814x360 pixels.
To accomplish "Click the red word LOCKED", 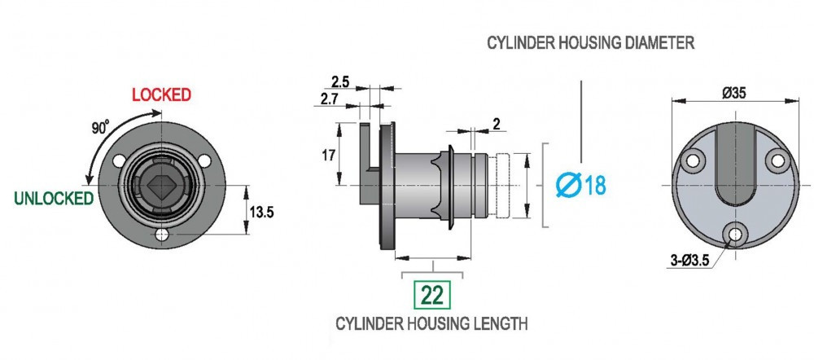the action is pos(161,94).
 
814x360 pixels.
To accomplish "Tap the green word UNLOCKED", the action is pos(54,198).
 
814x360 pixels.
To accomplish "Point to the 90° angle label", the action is pos(100,127).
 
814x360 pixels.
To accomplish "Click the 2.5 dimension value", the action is pos(340,81).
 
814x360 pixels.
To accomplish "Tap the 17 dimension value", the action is pos(328,155).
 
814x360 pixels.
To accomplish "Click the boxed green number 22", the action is pos(432,295).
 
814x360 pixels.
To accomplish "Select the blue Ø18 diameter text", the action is pos(580,186).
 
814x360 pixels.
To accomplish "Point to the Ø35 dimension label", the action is pos(734,93).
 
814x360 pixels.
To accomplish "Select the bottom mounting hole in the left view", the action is pos(162,235).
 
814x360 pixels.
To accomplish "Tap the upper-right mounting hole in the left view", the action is pos(204,161).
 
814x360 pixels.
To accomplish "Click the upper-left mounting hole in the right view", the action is pos(693,160).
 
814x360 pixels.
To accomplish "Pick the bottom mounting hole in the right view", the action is pos(734,235).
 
